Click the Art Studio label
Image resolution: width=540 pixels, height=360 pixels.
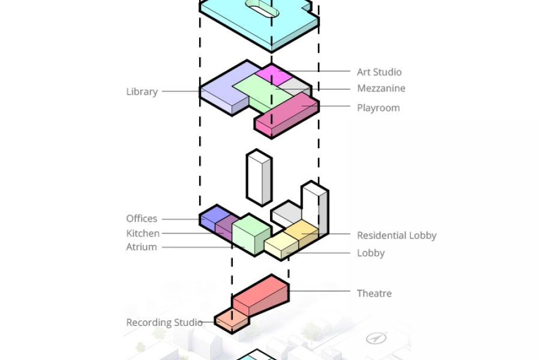[379, 72]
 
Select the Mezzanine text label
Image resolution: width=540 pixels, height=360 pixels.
[381, 88]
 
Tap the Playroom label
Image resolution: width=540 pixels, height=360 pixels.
[378, 108]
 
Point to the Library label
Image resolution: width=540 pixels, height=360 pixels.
[142, 92]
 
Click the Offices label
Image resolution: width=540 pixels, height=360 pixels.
[142, 218]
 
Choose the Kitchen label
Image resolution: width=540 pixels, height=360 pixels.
[143, 233]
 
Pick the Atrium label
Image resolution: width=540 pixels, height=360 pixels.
[142, 247]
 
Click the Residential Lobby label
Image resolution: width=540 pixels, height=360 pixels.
[397, 235]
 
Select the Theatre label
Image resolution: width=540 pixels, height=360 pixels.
[374, 293]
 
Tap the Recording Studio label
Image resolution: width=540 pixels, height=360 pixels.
[164, 322]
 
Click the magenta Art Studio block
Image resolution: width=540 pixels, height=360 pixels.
[272, 75]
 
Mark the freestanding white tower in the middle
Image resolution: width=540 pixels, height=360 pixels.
[259, 178]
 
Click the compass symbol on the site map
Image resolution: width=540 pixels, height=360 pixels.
[376, 339]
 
